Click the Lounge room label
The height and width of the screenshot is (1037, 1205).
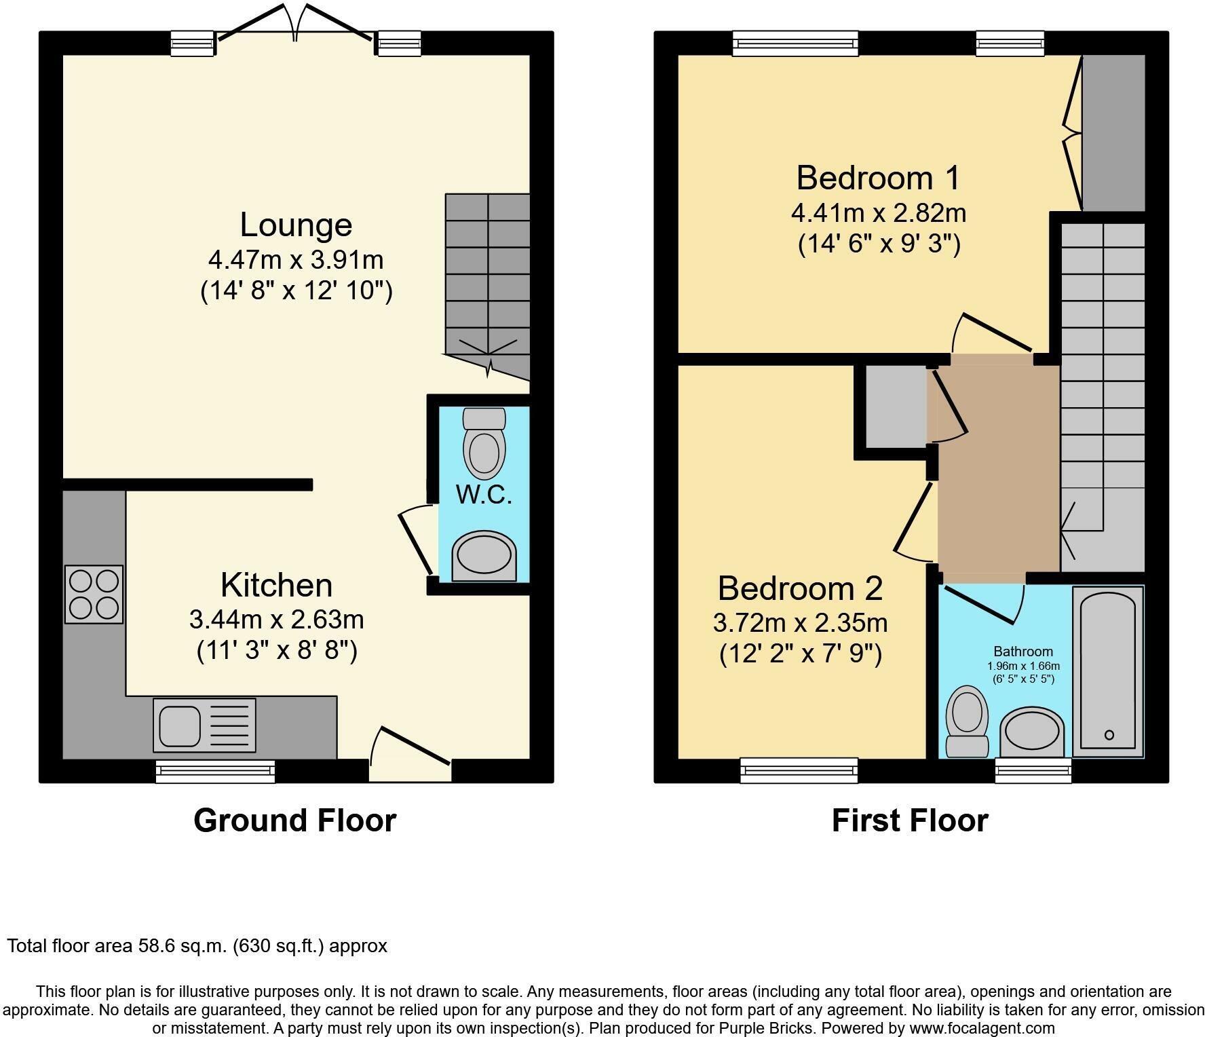296,225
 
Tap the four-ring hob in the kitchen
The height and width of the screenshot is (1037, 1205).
94,594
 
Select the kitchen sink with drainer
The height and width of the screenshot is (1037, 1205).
204,725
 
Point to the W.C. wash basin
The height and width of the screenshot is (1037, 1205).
484,556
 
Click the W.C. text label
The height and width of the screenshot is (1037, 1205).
484,495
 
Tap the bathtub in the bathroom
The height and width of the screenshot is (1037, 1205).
1107,671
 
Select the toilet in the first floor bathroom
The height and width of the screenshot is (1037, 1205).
967,721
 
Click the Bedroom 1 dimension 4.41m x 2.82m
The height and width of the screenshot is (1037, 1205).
878,213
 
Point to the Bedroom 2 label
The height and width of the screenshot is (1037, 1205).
800,588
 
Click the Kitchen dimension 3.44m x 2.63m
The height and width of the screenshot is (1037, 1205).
276,619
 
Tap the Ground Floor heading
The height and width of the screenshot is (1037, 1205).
294,820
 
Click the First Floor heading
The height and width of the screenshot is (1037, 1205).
909,820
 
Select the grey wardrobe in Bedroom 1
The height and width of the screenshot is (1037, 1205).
1113,132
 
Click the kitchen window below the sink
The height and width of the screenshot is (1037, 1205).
215,771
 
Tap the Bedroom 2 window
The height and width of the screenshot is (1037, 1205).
799,770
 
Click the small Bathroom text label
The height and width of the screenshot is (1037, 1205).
1023,652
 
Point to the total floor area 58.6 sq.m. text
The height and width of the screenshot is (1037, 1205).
197,945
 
